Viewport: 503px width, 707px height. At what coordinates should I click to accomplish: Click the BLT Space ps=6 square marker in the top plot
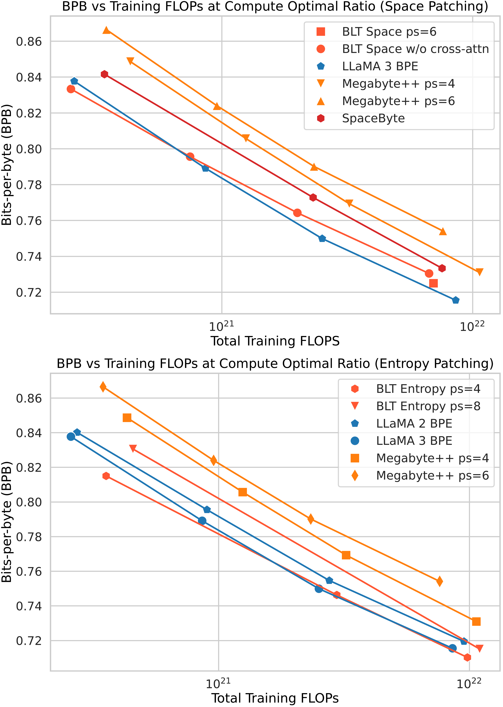pos(433,283)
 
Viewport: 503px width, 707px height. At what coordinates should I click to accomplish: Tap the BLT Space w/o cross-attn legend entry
pos(415,49)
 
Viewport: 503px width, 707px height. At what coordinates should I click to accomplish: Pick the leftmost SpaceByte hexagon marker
pos(104,74)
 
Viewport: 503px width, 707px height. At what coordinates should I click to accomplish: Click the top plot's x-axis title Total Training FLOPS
pos(275,341)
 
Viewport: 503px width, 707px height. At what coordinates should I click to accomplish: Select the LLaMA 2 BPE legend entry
pos(414,423)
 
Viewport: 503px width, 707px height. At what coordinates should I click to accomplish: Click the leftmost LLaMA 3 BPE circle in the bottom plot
pos(71,436)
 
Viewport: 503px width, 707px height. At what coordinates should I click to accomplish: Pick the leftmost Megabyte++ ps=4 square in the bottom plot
pos(127,418)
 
